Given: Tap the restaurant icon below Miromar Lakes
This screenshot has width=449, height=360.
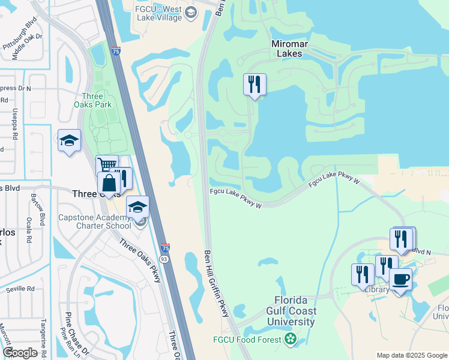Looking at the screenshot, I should click(x=255, y=85).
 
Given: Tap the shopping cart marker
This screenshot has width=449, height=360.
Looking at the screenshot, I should click(x=107, y=166).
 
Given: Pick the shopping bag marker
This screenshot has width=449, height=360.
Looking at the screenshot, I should click(x=109, y=183).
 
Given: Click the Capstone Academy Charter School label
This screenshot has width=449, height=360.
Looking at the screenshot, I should click(x=94, y=222).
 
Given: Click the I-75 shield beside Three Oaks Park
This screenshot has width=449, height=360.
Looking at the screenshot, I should click(x=114, y=52).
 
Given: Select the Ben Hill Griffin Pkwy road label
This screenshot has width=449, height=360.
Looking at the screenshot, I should click(x=217, y=284).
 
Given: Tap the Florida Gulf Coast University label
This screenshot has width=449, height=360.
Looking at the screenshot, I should click(x=291, y=311).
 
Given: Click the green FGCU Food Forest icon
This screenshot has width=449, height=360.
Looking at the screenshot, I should click(x=291, y=340).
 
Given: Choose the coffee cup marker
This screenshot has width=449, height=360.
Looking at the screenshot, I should click(x=400, y=280).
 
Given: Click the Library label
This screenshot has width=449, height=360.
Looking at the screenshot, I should click(x=377, y=290).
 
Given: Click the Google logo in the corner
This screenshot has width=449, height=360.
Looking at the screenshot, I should click(x=20, y=353).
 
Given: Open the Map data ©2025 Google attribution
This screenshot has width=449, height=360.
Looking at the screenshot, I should click(x=411, y=355).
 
